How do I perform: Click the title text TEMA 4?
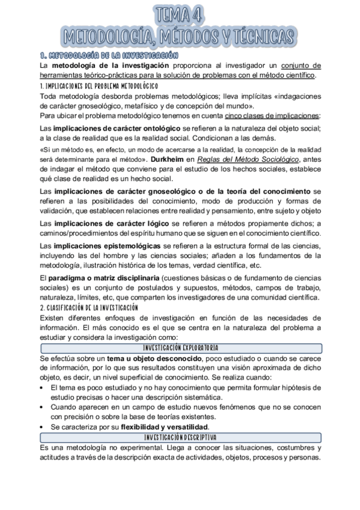pos(180,14)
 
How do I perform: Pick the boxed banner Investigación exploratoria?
pos(180,348)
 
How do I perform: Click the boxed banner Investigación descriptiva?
pos(180,437)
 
